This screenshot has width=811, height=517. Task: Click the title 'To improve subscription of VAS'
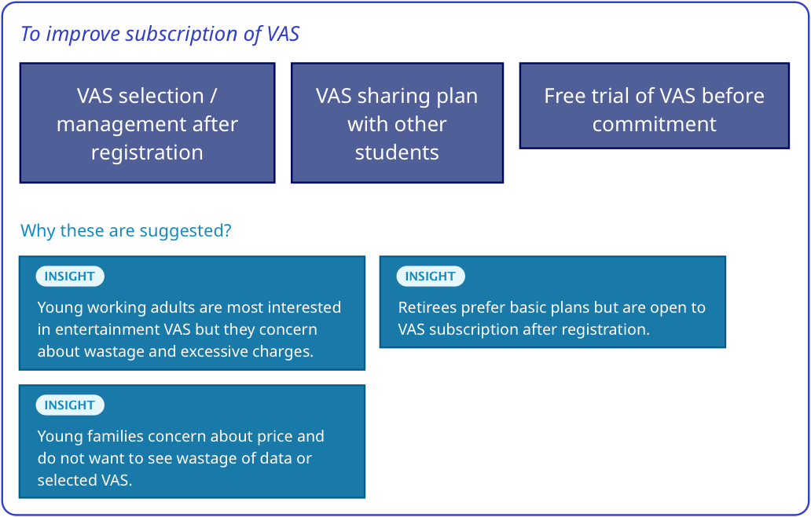[160, 35]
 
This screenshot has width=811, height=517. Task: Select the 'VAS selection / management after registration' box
[147, 123]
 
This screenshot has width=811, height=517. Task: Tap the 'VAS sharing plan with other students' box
[397, 123]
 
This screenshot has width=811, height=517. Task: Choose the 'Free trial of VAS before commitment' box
[654, 106]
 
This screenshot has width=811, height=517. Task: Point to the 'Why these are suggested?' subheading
[126, 231]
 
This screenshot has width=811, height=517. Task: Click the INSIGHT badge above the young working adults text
[70, 277]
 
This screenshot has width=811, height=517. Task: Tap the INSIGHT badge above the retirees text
[430, 277]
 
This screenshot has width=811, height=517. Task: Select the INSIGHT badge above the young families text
[70, 405]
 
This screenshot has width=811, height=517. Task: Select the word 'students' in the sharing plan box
[397, 152]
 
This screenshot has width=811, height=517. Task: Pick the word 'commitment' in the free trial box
[654, 124]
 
